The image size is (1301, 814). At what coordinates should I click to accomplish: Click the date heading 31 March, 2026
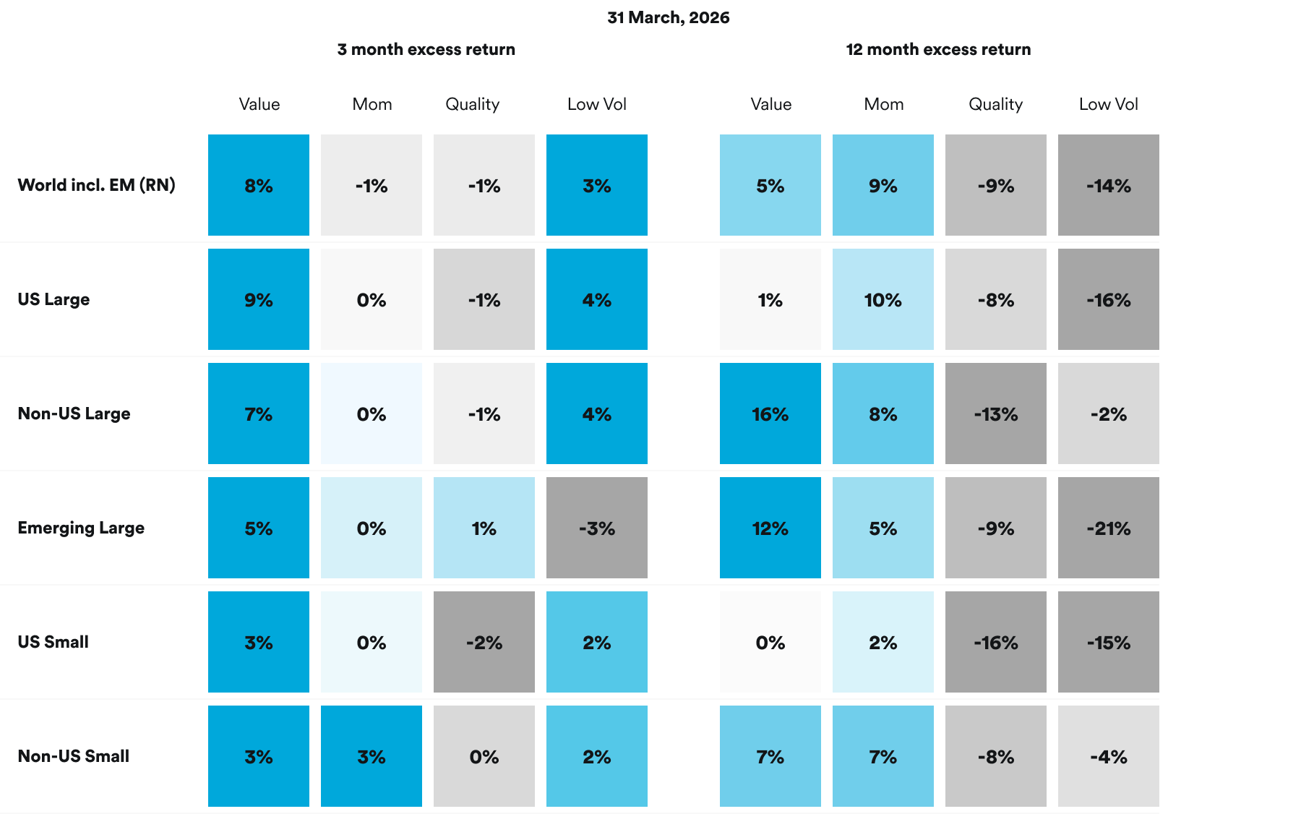668,17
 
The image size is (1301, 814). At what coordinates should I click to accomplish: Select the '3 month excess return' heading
426,49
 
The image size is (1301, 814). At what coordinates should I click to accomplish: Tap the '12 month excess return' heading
938,49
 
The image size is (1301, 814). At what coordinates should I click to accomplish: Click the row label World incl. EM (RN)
96,185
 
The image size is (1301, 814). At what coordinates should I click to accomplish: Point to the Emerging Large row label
81,528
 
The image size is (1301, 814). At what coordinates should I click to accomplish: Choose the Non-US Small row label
73,756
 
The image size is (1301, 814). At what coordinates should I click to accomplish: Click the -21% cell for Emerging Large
1108,528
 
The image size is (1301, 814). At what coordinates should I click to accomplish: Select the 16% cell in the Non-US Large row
770,414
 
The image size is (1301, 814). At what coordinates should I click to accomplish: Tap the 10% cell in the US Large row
883,299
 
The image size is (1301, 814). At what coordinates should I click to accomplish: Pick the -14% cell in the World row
1108,185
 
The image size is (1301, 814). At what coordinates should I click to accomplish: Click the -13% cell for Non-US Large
995,414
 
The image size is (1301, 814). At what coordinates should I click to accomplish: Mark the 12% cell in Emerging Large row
770,528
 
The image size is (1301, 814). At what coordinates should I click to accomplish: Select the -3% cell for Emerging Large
596,528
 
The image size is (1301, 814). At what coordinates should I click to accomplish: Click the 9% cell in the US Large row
258,299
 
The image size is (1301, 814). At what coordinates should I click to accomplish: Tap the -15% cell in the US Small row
1108,642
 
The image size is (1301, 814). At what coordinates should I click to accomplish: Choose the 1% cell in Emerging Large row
484,528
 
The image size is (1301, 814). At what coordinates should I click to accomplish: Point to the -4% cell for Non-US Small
1108,756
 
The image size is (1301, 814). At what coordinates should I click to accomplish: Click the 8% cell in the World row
258,185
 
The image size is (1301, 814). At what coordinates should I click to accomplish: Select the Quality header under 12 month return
995,104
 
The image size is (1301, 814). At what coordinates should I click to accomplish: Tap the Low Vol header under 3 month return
596,104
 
